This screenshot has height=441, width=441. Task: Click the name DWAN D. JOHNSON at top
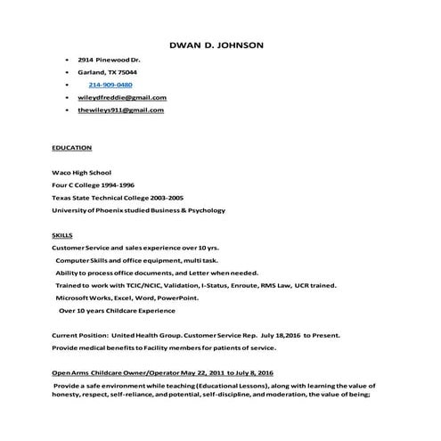pyautogui.click(x=216, y=44)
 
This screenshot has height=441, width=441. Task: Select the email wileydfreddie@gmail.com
pyautogui.click(x=122, y=97)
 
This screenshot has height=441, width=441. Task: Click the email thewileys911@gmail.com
pyautogui.click(x=120, y=110)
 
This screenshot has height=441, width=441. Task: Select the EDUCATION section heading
pyautogui.click(x=71, y=146)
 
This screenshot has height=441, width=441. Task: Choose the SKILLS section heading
pyautogui.click(x=62, y=233)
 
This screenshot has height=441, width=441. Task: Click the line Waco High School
pyautogui.click(x=81, y=172)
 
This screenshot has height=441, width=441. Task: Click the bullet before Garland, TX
pyautogui.click(x=68, y=72)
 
